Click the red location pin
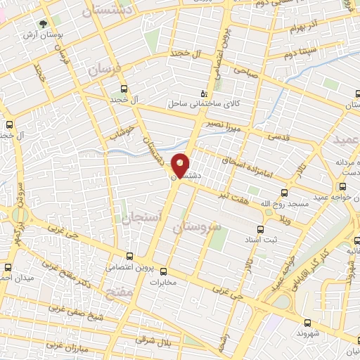point(181,165)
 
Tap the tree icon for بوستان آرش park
point(44,25)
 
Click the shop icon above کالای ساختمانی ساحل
point(204,92)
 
